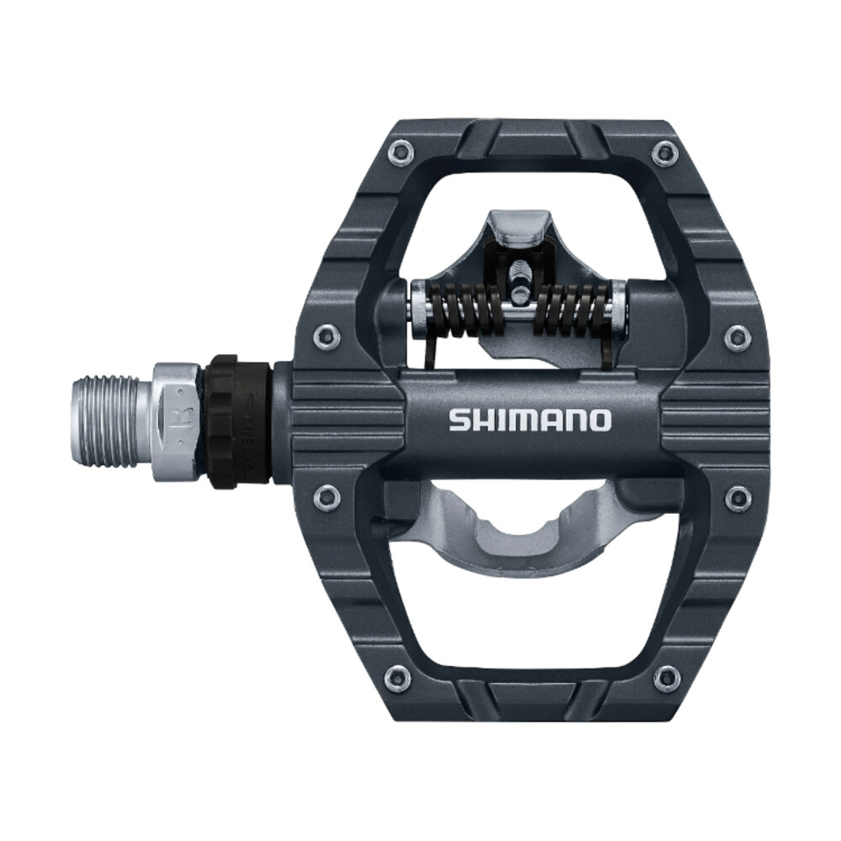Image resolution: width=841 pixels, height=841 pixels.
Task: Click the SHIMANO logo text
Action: [530, 420]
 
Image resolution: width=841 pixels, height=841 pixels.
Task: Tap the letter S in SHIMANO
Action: [457, 420]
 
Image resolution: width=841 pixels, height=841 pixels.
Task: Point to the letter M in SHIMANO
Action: [519, 420]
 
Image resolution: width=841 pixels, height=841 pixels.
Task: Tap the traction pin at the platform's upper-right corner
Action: [665, 152]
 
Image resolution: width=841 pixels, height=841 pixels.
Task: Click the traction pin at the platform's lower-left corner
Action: [395, 677]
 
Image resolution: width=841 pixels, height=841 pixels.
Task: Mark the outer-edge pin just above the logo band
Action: [738, 336]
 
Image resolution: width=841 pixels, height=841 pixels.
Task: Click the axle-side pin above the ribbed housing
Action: [325, 337]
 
